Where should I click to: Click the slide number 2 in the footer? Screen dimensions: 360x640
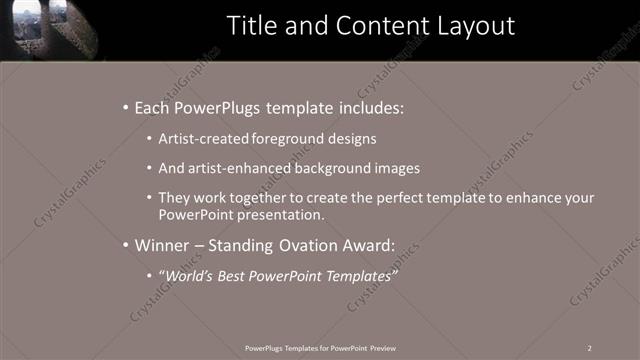coord(590,347)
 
